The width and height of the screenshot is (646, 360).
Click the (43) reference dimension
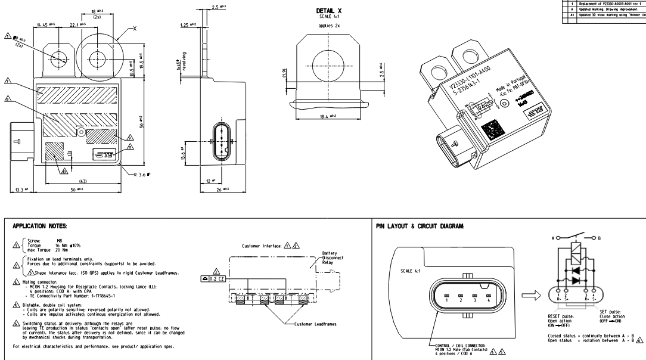(83, 181)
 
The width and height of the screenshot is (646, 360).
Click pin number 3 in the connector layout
(474, 301)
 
